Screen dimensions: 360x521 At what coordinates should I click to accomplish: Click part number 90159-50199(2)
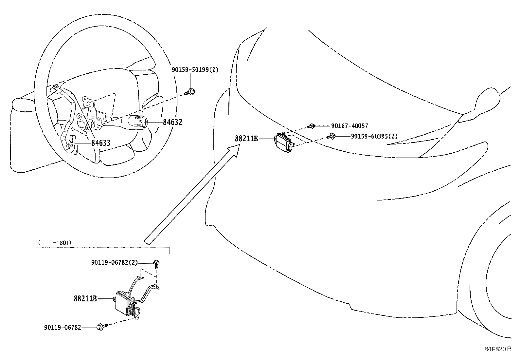pos(195,69)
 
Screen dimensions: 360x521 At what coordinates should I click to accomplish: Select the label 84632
pos(172,122)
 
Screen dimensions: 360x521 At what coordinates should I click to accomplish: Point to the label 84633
pos(100,143)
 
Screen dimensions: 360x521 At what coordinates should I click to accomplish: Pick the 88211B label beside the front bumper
pos(246,139)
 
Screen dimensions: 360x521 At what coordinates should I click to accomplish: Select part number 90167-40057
pos(350,126)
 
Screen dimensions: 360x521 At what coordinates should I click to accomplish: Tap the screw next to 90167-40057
pos(312,126)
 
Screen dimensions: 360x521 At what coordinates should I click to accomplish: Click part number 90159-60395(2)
pos(374,136)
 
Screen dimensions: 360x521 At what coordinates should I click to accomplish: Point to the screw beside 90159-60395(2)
pos(331,136)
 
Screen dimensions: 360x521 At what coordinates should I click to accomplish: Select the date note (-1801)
pos(55,243)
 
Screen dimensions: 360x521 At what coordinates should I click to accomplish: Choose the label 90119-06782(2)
pos(115,262)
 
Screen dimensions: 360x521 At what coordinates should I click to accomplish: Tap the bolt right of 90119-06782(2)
pos(156,263)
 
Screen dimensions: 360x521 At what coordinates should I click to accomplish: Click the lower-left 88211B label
pos(85,299)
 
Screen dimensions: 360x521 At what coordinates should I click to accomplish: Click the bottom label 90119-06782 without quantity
pos(63,327)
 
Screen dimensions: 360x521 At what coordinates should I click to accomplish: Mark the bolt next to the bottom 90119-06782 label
pos(100,327)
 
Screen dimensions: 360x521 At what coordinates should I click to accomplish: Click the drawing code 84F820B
pos(497,349)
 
